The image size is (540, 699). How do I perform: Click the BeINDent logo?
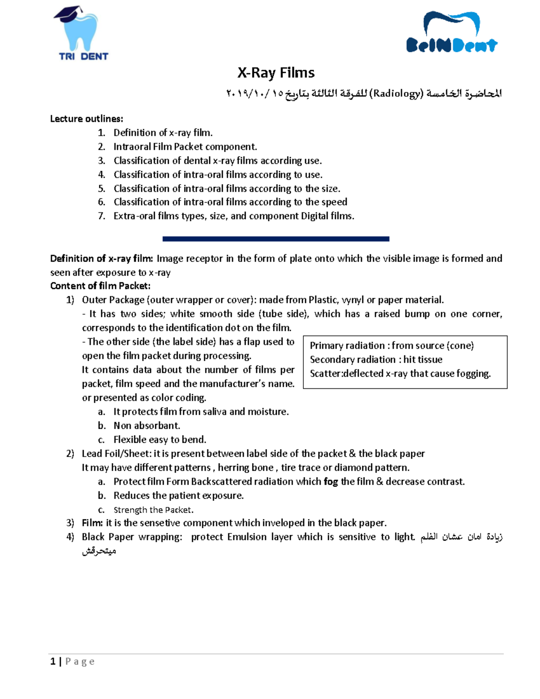point(451,33)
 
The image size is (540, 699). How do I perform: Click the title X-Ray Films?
point(276,72)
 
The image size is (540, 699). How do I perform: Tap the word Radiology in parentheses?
point(396,94)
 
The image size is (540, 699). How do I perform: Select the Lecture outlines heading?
point(86,119)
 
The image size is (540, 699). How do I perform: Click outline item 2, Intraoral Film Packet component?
point(185,147)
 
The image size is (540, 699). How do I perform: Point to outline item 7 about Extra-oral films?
point(234,216)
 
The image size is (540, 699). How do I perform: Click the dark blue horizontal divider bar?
point(275,239)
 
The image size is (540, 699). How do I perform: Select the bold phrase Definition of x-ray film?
point(101,258)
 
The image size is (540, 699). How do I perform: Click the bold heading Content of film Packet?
point(100,286)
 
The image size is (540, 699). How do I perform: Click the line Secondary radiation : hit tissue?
point(376,360)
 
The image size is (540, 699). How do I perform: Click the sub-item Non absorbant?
point(147,426)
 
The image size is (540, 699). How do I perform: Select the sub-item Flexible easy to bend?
point(160,440)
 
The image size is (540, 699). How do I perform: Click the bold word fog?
point(331,482)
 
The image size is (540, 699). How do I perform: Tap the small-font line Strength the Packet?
point(153,510)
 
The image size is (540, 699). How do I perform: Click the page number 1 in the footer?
point(53,661)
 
